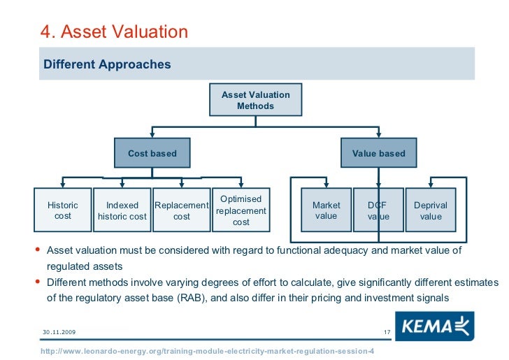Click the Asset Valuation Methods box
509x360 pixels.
click(256, 100)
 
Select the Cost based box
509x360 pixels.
click(152, 153)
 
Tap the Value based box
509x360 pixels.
click(378, 153)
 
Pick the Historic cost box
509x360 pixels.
click(63, 210)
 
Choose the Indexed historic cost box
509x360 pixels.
click(122, 210)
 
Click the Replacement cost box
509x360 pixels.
click(181, 210)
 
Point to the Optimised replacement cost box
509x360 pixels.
click(241, 210)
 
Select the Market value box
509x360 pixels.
click(326, 210)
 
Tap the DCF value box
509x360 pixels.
click(378, 210)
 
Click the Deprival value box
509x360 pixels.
click(431, 210)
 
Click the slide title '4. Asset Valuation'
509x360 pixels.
click(114, 31)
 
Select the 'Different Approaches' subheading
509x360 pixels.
click(107, 64)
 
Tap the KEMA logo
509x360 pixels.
click(434, 326)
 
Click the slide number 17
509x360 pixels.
click(387, 331)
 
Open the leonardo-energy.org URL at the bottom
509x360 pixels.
click(208, 350)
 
